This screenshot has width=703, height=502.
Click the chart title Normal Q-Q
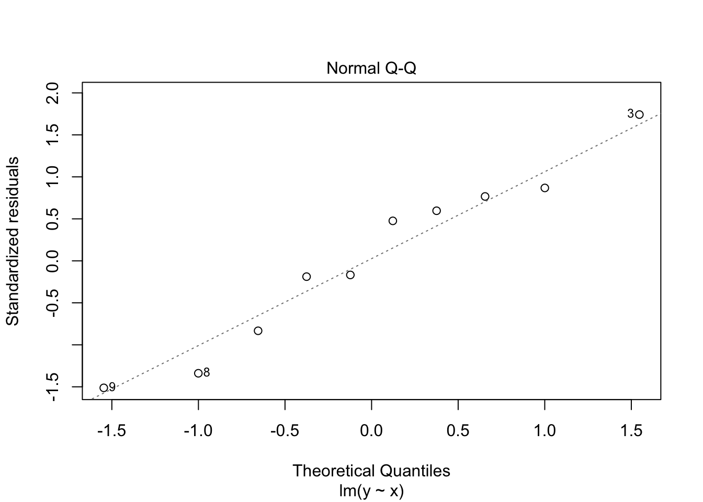[371, 69]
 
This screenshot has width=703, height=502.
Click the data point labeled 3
[639, 115]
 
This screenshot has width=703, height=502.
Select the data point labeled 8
[198, 373]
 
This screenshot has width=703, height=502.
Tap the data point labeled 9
[104, 388]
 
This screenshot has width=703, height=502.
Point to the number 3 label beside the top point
[630, 113]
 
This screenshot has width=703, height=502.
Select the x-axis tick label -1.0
[198, 431]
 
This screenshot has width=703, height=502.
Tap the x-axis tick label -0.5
[284, 431]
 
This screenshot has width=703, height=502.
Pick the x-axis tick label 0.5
[458, 431]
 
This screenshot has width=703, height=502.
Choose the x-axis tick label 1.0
[545, 431]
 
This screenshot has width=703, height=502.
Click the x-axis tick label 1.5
[631, 431]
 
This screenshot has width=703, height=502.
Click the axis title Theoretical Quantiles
[371, 471]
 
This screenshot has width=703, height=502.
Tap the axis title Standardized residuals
[13, 241]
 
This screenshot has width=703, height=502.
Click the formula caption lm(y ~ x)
[371, 491]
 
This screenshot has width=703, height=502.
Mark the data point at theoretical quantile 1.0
[545, 188]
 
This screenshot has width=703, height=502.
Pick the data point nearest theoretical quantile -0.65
[258, 331]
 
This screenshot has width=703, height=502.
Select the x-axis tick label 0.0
[371, 431]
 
